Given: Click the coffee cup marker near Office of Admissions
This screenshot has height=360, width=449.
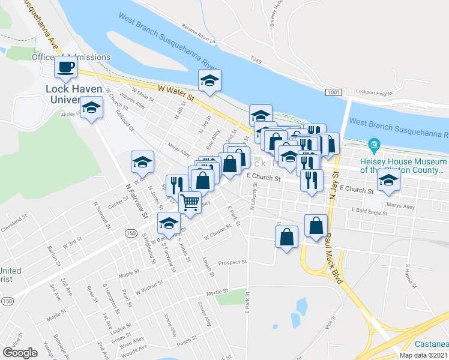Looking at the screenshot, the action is [66, 67].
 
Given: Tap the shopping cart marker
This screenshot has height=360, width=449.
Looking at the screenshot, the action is [190, 202].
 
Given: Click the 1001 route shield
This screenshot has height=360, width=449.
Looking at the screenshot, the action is [334, 92].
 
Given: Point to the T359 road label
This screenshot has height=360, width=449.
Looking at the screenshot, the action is [256, 60].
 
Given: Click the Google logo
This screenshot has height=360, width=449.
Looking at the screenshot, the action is [20, 353].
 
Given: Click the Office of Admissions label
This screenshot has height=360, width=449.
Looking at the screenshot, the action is [71, 57].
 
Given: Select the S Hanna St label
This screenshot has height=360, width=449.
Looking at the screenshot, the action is [411, 274].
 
